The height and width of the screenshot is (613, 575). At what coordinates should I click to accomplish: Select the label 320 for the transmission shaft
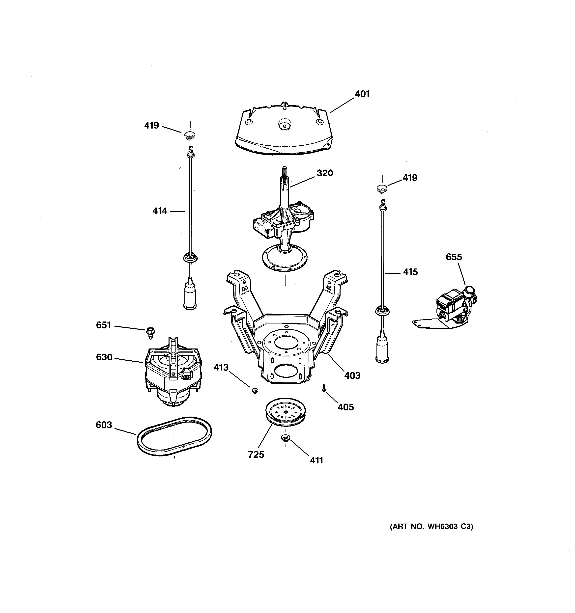click(x=325, y=173)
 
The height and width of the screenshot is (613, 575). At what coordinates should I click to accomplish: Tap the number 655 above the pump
click(x=454, y=257)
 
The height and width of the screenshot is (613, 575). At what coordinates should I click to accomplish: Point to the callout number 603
click(x=104, y=425)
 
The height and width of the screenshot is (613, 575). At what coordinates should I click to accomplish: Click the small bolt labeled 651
click(x=150, y=332)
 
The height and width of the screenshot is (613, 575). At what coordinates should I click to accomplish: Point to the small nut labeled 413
click(x=255, y=391)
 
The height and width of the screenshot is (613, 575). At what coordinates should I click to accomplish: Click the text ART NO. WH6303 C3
click(x=431, y=526)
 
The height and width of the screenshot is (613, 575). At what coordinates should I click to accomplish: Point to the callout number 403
click(x=352, y=375)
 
